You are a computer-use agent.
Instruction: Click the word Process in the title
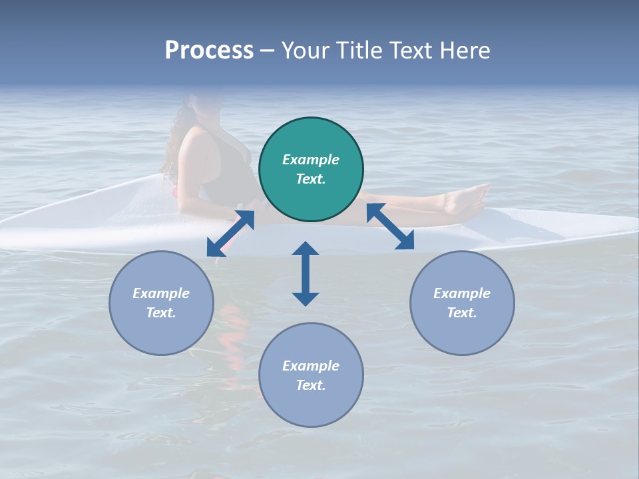[x=209, y=51]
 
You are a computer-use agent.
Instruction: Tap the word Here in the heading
[x=464, y=51]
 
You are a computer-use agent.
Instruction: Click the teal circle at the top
[x=311, y=170]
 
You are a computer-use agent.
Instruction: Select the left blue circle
[x=161, y=303]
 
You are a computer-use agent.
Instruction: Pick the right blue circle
[x=462, y=303]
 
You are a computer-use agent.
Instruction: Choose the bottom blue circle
[x=311, y=375]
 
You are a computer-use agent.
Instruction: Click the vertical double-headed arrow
[x=306, y=273]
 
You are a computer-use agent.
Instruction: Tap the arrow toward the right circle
[x=390, y=226]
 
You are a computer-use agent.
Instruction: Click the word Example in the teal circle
[x=311, y=160]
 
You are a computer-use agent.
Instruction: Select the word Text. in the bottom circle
[x=311, y=385]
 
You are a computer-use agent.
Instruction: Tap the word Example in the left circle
[x=161, y=293]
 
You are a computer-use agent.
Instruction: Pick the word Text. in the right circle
[x=462, y=313]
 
